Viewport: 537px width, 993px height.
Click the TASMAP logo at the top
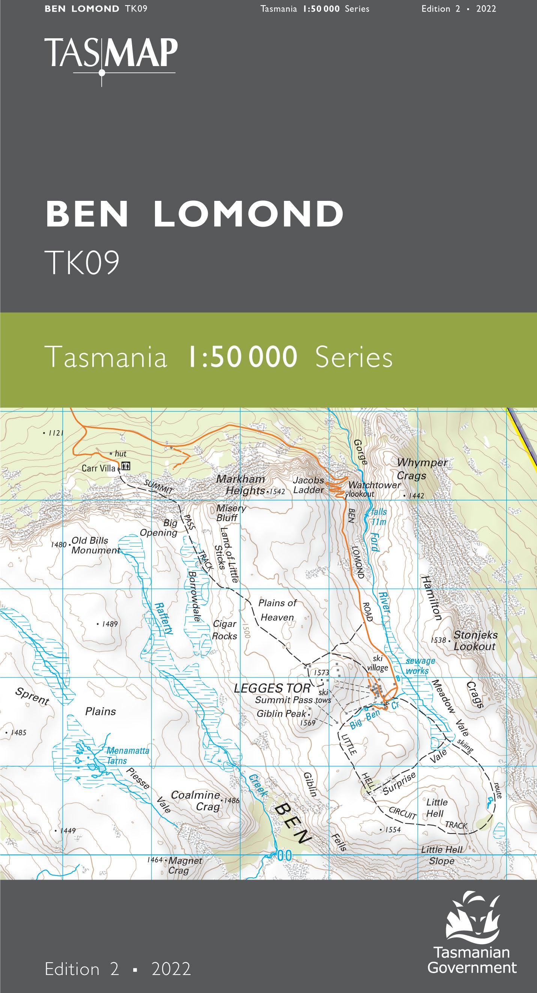(x=111, y=54)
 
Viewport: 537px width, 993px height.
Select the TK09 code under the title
(x=82, y=262)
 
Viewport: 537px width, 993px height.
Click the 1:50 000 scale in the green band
(x=242, y=357)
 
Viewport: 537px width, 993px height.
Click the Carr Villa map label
(x=98, y=469)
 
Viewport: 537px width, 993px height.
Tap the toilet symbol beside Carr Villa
(x=126, y=466)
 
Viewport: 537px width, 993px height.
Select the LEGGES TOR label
(x=272, y=688)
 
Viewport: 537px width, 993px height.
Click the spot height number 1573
(x=321, y=673)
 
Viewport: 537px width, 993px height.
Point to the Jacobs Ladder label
(x=308, y=485)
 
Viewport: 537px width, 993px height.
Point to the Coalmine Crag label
(x=195, y=801)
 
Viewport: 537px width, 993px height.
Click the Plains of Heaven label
(x=277, y=610)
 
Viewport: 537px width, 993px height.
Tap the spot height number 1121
(x=56, y=433)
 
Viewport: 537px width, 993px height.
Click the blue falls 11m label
(x=378, y=517)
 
